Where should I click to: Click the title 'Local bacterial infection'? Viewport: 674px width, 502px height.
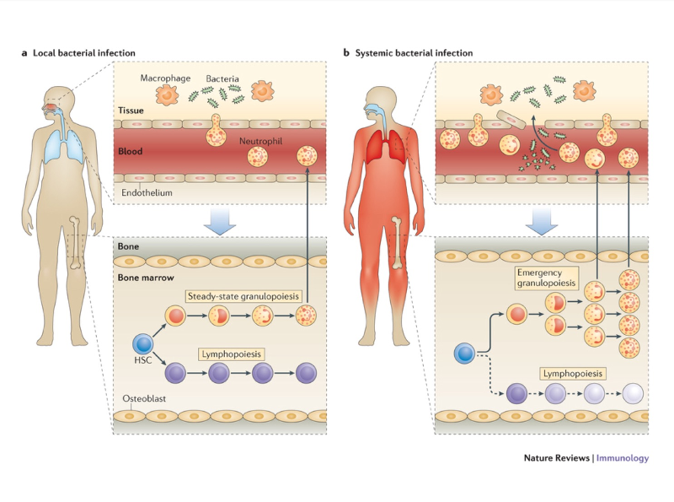click(83, 52)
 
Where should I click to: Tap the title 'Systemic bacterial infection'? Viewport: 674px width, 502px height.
click(413, 52)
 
